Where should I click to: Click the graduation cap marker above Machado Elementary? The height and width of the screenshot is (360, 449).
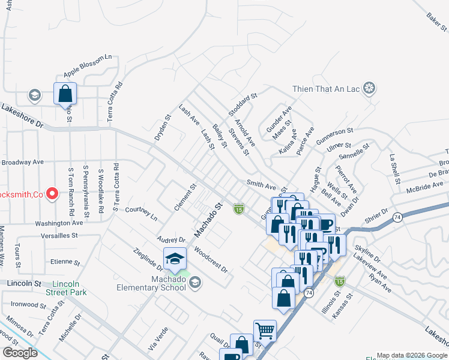pyautogui.click(x=175, y=259)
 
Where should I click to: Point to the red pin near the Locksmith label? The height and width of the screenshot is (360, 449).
pyautogui.click(x=52, y=193)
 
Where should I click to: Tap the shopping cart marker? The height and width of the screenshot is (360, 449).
pyautogui.click(x=265, y=331)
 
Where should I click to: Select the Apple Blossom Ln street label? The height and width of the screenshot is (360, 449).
pyautogui.click(x=88, y=65)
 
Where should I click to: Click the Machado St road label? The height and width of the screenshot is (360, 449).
pyautogui.click(x=208, y=218)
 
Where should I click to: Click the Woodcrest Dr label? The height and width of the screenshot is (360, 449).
pyautogui.click(x=211, y=260)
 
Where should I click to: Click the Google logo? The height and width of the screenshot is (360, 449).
pyautogui.click(x=20, y=353)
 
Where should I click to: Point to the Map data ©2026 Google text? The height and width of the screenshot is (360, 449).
pyautogui.click(x=412, y=355)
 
